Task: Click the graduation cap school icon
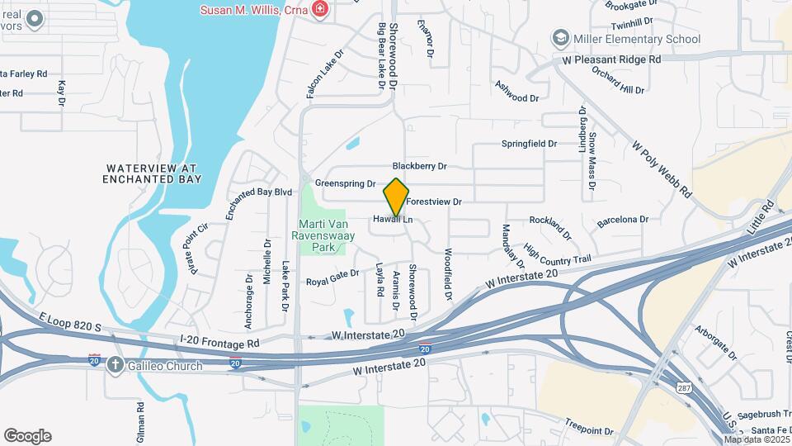(562, 39)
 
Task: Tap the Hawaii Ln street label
(392, 220)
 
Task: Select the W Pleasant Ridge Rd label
(611, 59)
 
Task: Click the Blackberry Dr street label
(419, 166)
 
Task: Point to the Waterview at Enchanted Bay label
(153, 173)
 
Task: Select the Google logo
(27, 436)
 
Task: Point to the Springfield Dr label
(529, 144)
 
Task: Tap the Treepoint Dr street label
(589, 430)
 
